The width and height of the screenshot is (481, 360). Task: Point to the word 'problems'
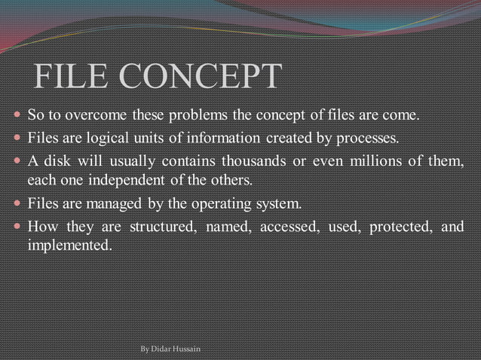195,117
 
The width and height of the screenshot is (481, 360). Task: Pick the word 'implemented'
69,246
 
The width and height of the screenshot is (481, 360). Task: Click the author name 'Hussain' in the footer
185,350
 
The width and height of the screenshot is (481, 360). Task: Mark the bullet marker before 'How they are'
17,227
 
